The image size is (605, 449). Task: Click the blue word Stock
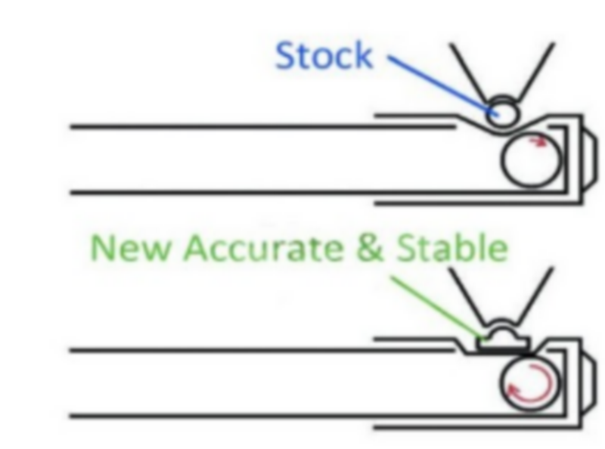point(324,55)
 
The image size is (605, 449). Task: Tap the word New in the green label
point(130,248)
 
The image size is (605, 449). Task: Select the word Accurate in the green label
point(263,248)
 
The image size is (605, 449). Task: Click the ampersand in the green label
point(370,248)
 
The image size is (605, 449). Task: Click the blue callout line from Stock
point(443,85)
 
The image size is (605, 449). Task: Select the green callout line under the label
point(438,308)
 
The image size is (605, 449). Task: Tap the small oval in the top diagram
point(502,111)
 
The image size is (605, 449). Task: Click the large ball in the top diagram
point(532,159)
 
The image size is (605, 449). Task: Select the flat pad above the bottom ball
point(503,345)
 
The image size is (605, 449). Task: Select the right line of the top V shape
point(535,72)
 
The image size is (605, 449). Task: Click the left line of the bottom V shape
point(467,296)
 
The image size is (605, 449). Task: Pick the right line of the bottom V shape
point(535,295)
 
